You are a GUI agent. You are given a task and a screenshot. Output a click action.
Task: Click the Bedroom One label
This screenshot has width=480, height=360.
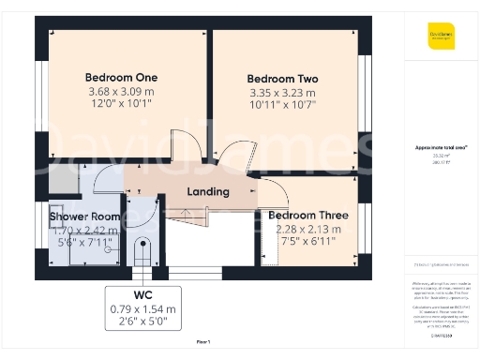[x=121, y=77]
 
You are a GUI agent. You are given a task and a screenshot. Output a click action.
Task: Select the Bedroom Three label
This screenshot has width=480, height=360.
[x=307, y=216]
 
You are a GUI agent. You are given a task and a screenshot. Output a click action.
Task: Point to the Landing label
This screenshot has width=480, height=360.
[x=208, y=192]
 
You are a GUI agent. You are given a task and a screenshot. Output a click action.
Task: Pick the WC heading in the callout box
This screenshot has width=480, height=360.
[x=142, y=294]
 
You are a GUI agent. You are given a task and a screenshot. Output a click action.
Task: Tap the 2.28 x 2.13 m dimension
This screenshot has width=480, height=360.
[x=307, y=230]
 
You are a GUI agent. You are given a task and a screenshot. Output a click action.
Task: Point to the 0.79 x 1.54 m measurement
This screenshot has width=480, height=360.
[x=142, y=308]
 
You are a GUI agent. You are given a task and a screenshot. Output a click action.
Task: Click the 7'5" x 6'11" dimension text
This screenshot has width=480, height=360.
[x=307, y=243]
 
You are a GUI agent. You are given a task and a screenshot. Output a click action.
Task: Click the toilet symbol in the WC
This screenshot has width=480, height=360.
[x=143, y=251]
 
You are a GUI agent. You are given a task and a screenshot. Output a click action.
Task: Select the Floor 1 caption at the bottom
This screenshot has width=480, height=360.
[x=203, y=342]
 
